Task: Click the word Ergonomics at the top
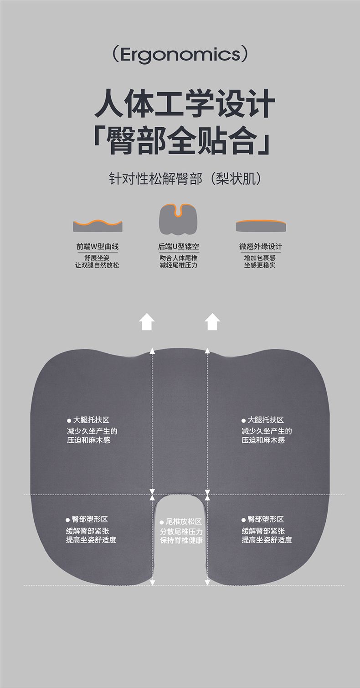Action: [x=180, y=54]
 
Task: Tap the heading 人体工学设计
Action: [x=184, y=104]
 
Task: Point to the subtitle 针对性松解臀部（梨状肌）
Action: [x=185, y=179]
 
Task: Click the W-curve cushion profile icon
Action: [x=98, y=226]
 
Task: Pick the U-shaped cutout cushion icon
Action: [x=178, y=218]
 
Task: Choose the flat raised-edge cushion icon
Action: [x=261, y=226]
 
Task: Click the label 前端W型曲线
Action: [x=97, y=246]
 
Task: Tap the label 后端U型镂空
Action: [x=179, y=246]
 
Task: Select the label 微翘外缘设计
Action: [x=261, y=246]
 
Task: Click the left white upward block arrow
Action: [x=147, y=321]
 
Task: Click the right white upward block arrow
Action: [x=212, y=321]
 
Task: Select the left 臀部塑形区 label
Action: [x=87, y=519]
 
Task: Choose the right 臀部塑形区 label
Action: [x=263, y=519]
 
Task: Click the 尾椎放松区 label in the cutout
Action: [x=181, y=522]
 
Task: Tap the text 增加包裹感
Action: [x=260, y=258]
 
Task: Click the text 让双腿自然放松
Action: [x=97, y=265]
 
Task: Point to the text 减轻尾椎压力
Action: [x=178, y=265]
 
